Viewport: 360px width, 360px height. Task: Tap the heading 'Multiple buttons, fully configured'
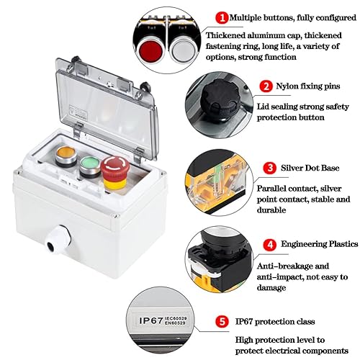288,16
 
